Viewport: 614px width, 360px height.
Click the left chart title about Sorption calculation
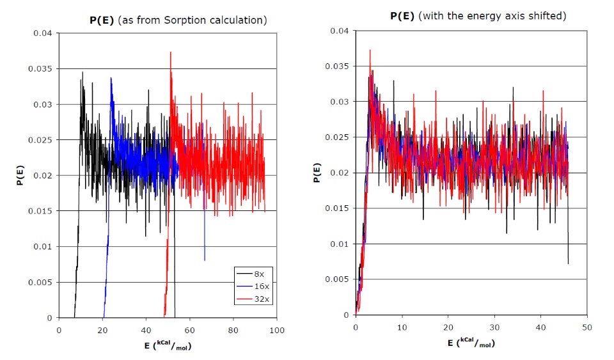tap(177, 20)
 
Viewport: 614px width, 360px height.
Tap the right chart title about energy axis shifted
tap(478, 15)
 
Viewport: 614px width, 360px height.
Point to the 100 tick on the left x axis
tap(276, 330)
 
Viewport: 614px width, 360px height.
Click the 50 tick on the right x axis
tap(586, 327)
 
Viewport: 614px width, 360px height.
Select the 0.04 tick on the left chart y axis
tap(43, 33)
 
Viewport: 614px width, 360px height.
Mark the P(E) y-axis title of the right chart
tap(317, 173)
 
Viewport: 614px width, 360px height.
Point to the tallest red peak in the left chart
tap(170, 52)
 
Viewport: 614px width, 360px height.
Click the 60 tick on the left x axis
tap(189, 330)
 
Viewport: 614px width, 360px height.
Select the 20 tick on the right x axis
tap(448, 327)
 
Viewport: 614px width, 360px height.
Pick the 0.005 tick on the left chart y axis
tap(43, 282)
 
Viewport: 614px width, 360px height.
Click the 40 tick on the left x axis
tap(146, 330)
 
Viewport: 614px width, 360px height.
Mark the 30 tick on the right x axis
tap(494, 327)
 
